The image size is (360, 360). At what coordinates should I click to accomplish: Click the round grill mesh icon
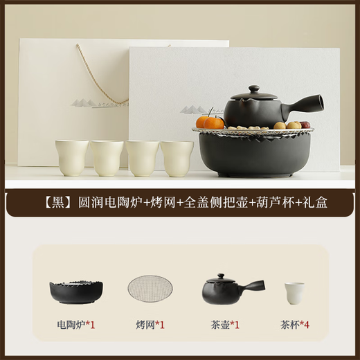150,289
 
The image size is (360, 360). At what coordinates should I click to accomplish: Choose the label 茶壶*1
225,323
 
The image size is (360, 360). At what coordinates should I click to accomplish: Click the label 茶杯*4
295,323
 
